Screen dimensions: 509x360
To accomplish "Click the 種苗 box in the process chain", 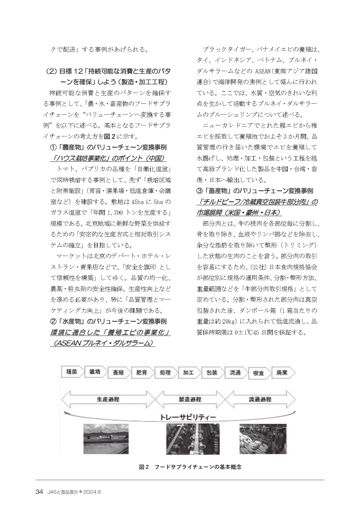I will tap(72, 372).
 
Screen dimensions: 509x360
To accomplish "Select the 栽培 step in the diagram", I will tap(95, 372).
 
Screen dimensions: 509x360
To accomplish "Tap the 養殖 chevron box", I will tap(118, 373).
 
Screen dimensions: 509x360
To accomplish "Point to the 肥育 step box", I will tap(142, 373).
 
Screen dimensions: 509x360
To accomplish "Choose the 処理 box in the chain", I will tap(165, 373).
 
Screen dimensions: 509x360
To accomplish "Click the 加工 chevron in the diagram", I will tap(188, 373).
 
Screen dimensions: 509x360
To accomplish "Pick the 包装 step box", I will tap(212, 373).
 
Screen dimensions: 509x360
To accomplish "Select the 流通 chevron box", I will tap(235, 373).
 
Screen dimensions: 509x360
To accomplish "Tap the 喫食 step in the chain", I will tap(258, 373).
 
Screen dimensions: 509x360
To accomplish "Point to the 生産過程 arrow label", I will tap(108, 399).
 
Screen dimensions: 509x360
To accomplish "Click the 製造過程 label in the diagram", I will tap(190, 399).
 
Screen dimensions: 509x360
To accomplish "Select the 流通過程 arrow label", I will tap(260, 399).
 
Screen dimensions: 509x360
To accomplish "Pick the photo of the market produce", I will tap(263, 438).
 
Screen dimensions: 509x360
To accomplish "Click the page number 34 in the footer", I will tap(39, 492).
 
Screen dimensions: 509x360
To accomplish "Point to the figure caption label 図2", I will tap(144, 467).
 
